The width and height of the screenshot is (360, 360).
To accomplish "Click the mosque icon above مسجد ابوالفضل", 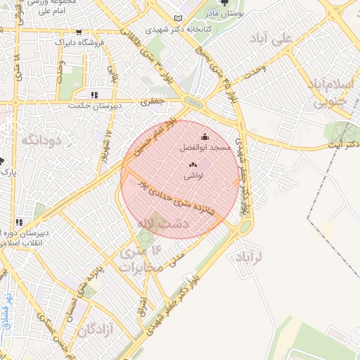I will [x=205, y=136].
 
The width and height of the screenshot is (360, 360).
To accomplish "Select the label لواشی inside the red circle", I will [x=193, y=176].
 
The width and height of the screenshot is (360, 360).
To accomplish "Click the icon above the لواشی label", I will [x=193, y=165].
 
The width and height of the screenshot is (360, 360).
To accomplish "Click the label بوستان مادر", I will [x=225, y=14].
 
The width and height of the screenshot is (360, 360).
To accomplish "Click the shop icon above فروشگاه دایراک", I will [x=79, y=32].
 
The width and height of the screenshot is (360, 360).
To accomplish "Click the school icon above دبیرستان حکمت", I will [x=94, y=94].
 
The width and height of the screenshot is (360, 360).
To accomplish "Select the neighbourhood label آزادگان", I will [x=96, y=329].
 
